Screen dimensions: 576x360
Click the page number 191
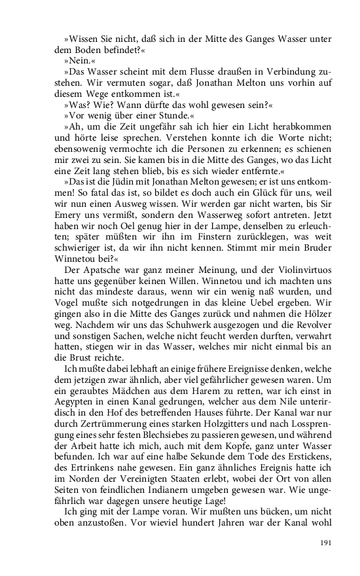click(x=327, y=543)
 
